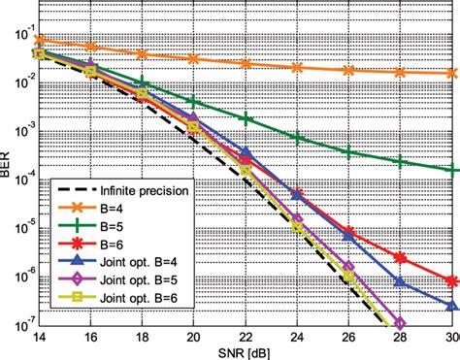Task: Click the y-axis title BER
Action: (x=8, y=174)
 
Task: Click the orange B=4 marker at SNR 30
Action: (x=451, y=73)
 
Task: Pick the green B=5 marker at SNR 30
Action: (x=451, y=170)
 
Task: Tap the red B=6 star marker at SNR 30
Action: (x=451, y=280)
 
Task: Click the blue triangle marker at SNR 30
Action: (x=451, y=306)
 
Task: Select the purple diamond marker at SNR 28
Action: (x=400, y=323)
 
